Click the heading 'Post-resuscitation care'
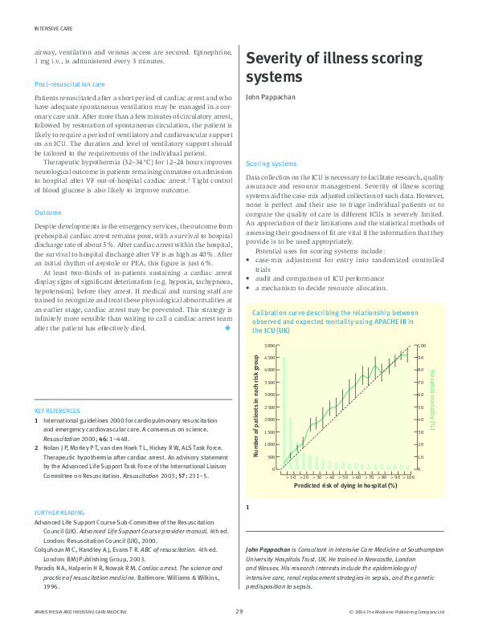[69, 83]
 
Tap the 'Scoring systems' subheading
[272, 163]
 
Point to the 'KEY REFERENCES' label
[57, 411]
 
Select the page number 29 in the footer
[239, 612]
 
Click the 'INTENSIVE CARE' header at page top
[54, 27]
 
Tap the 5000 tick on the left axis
[269, 346]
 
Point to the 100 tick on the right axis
[423, 346]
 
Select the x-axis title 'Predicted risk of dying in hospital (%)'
[345, 485]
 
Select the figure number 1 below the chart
[247, 507]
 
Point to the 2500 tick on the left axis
[269, 407]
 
